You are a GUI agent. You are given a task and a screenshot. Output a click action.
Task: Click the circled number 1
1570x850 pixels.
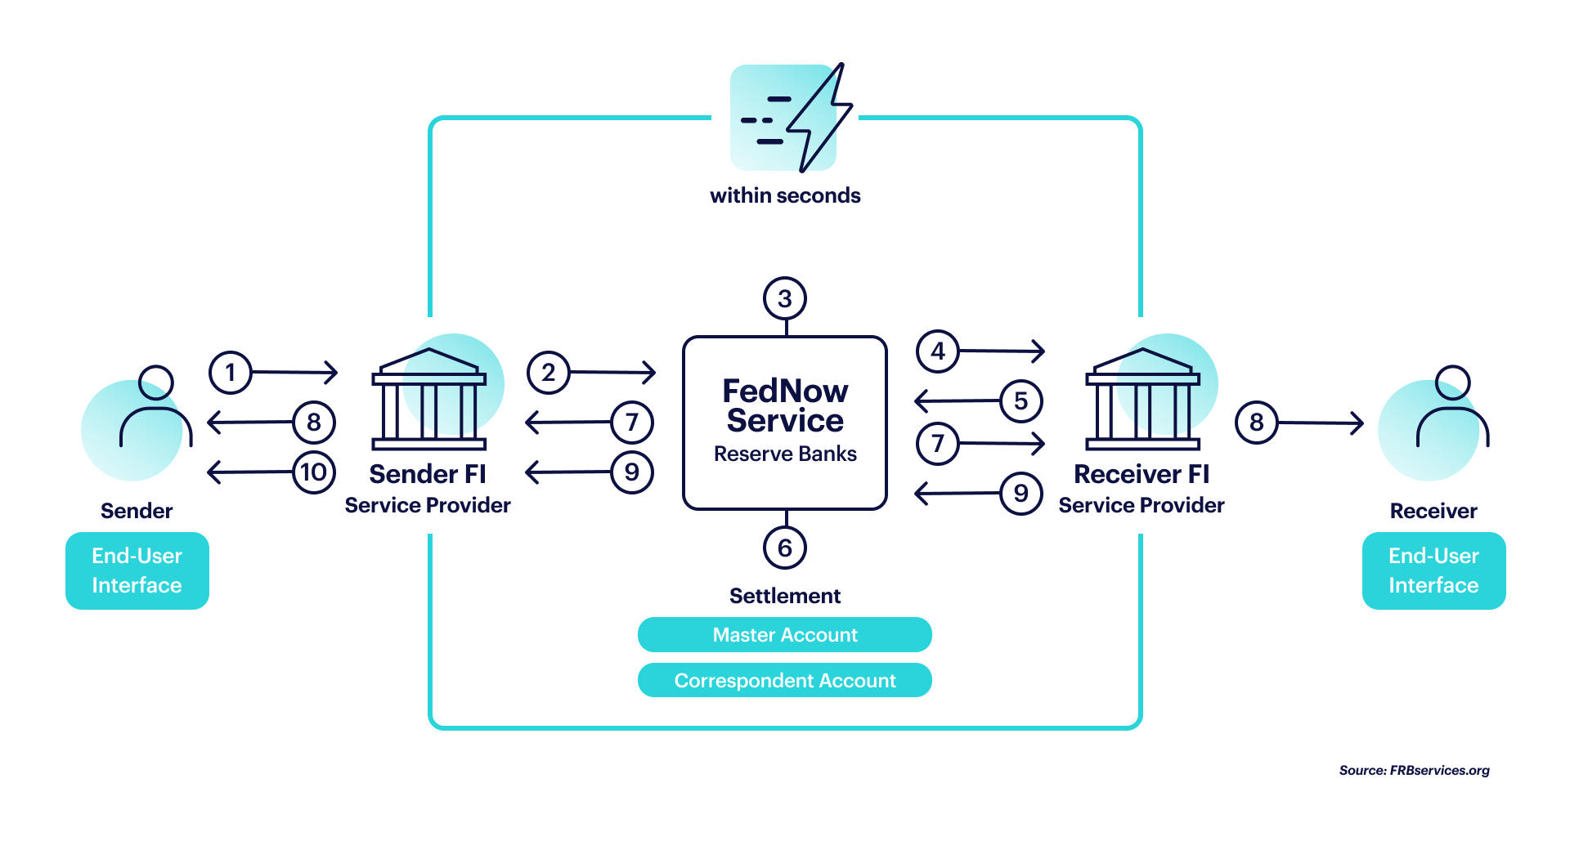231,373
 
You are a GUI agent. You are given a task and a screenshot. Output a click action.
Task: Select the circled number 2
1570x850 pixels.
549,373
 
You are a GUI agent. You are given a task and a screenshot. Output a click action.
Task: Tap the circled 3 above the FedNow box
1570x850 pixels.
785,298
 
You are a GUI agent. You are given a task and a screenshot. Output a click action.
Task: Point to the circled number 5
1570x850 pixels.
1021,400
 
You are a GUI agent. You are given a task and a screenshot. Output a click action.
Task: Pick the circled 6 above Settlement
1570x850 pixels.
785,548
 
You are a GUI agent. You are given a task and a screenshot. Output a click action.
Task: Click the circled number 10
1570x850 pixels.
314,472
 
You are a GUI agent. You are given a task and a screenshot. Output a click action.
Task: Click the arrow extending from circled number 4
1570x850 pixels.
1003,351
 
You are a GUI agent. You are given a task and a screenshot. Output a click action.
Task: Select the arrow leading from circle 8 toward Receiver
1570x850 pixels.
1321,423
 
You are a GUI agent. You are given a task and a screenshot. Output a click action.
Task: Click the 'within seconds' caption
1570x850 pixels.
785,195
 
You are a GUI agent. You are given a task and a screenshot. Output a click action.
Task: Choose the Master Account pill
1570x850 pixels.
785,634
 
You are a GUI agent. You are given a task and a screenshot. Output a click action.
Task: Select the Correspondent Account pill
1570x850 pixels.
785,680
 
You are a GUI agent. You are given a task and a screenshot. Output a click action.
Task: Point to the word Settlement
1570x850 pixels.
785,596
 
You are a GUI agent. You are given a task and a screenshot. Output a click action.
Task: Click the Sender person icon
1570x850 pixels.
155,406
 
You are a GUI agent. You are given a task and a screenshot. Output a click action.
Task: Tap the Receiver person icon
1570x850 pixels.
1453,406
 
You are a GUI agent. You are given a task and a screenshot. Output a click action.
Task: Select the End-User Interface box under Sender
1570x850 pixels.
137,570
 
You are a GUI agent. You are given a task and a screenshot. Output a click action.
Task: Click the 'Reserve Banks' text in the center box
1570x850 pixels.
785,454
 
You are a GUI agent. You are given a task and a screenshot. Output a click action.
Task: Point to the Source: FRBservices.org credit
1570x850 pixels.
1415,770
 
